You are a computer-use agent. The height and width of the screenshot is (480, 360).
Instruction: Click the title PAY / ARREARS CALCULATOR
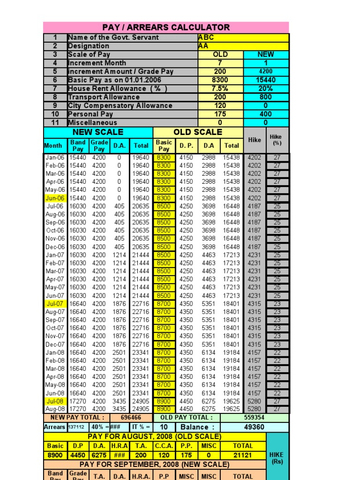[x=166, y=27]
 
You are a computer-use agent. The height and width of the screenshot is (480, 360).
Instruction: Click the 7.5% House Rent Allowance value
[x=220, y=89]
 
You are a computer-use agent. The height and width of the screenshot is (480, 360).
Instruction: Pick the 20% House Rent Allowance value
[x=266, y=89]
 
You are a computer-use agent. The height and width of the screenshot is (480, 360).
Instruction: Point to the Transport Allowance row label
[x=104, y=97]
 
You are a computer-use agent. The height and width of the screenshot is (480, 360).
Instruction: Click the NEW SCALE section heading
[x=98, y=132]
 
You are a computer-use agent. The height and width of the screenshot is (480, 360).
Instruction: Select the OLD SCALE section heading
[x=198, y=132]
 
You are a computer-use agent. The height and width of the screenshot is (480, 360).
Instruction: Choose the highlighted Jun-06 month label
[x=55, y=198]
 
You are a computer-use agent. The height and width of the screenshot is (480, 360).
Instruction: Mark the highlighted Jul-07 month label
[x=55, y=304]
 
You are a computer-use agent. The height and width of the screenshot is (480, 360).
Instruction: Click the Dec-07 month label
[x=55, y=345]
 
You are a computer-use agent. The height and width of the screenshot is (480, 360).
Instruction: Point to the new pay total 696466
[x=131, y=417]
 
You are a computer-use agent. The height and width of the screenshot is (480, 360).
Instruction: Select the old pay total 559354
[x=255, y=417]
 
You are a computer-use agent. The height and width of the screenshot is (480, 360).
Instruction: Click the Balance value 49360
[x=255, y=427]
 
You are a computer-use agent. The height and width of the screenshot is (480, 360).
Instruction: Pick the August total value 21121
[x=243, y=455]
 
